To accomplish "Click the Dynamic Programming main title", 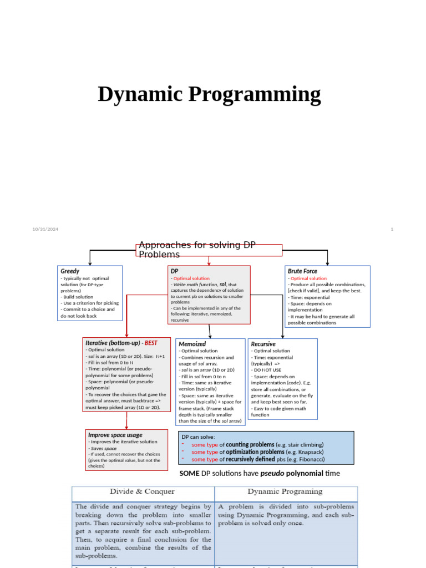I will pyautogui.click(x=209, y=94).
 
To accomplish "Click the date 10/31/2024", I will pyautogui.click(x=45, y=229).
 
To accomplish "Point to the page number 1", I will pyautogui.click(x=392, y=229).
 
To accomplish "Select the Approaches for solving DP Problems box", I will pyautogui.click(x=209, y=250).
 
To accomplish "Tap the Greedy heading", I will pyautogui.click(x=70, y=271).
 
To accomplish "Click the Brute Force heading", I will pyautogui.click(x=302, y=271).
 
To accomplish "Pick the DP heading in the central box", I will pyautogui.click(x=174, y=271).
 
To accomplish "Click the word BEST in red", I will pyautogui.click(x=151, y=343).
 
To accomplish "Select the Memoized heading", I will pyautogui.click(x=192, y=344).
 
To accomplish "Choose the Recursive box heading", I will pyautogui.click(x=263, y=344).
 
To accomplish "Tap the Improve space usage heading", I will pyautogui.click(x=115, y=435).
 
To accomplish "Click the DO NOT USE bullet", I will pyautogui.click(x=267, y=370).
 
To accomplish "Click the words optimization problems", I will pyautogui.click(x=256, y=452).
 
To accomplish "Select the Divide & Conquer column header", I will pyautogui.click(x=142, y=491).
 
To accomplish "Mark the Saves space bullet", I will pyautogui.click(x=104, y=448).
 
